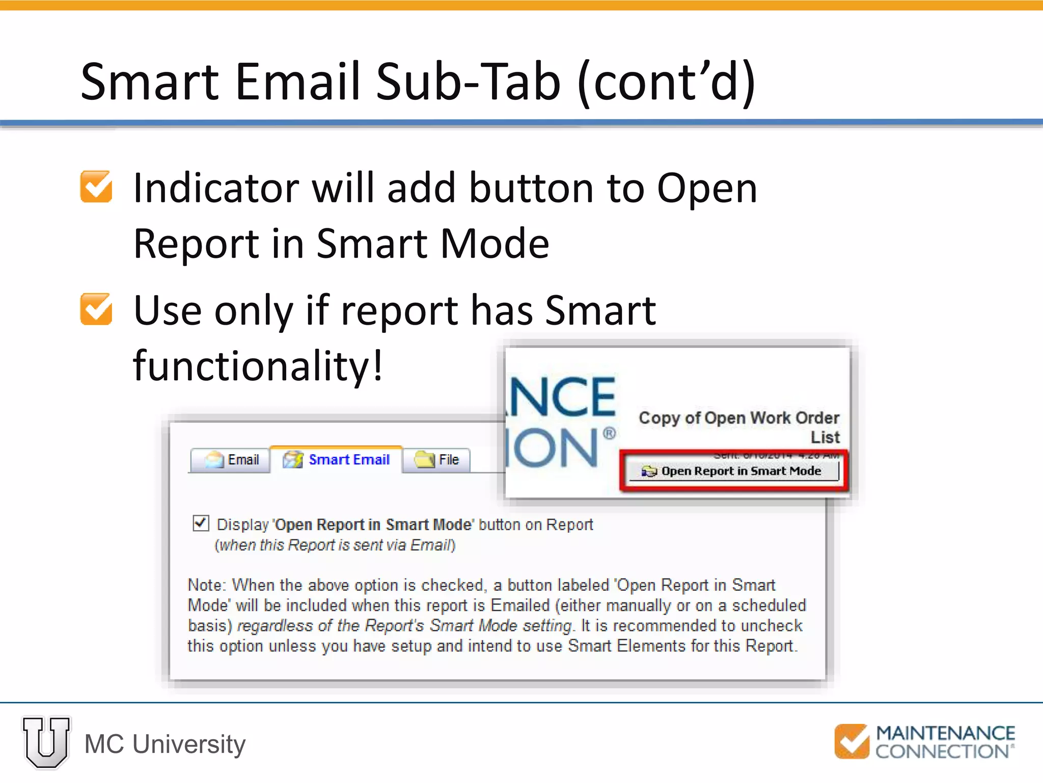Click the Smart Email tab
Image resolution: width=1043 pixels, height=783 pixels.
(338, 460)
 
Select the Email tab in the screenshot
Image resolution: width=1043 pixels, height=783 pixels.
(231, 460)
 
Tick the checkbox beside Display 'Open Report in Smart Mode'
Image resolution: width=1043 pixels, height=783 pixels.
(201, 523)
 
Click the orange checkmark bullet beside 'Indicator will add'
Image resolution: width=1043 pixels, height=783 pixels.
(96, 187)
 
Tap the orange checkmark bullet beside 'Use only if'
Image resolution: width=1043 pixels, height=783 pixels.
(96, 309)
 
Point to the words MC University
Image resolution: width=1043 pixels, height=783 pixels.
(165, 744)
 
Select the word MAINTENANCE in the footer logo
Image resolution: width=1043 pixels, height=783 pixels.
(945, 733)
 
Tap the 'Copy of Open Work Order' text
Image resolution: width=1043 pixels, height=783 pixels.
(738, 418)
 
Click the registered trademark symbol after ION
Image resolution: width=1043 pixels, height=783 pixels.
(609, 434)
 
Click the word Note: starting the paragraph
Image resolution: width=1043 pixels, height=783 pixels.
(206, 585)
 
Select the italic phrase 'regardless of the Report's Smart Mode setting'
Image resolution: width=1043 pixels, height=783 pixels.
(405, 625)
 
